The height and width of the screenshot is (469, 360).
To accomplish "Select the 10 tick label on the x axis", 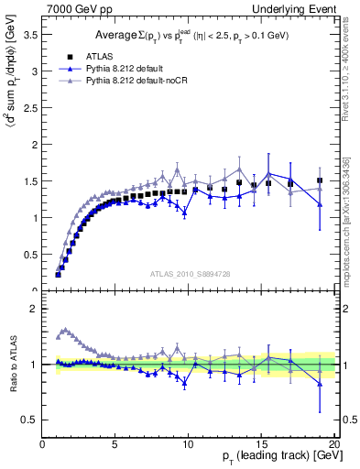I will [x=189, y=443].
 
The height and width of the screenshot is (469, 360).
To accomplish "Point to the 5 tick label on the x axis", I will [x=115, y=443].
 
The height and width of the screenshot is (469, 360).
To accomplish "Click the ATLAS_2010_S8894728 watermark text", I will [x=188, y=274].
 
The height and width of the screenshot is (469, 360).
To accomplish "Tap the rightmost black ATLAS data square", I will [x=320, y=180].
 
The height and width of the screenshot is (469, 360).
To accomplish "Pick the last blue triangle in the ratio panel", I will [x=320, y=385].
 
